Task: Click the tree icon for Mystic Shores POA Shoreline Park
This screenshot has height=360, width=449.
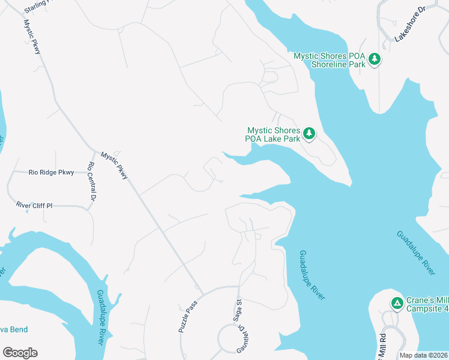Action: (x=375, y=58)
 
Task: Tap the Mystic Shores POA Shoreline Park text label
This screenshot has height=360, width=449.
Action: (x=329, y=60)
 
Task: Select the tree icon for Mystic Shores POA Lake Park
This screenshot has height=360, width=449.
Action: (x=309, y=133)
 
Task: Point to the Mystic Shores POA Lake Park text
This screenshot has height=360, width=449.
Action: (x=273, y=134)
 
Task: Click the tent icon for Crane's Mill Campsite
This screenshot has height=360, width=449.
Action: (x=397, y=303)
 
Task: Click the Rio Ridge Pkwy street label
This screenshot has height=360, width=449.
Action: (x=51, y=173)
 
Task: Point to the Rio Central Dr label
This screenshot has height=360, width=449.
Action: (x=92, y=181)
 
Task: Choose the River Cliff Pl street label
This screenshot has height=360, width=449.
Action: (x=34, y=206)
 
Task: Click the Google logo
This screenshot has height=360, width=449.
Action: (x=20, y=353)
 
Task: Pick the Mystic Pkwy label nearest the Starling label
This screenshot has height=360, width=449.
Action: (x=32, y=37)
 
